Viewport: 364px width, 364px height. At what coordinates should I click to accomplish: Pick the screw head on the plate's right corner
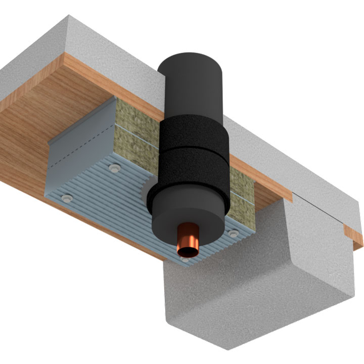coord(233,234)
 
